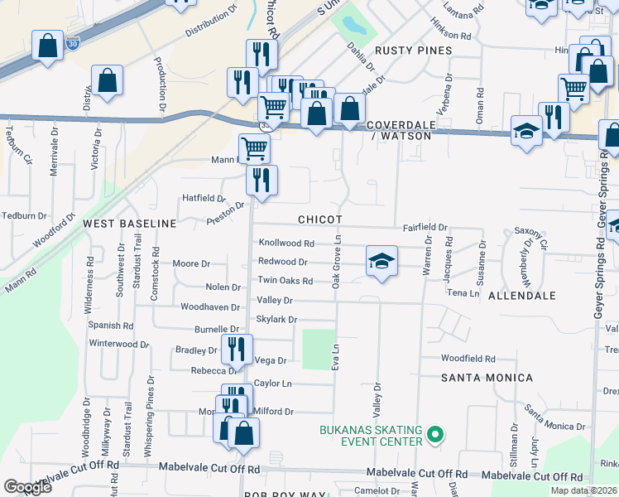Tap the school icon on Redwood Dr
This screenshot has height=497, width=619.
tap(381, 261)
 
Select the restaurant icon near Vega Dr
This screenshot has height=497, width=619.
tap(237, 350)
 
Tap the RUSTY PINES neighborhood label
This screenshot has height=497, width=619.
tap(413, 51)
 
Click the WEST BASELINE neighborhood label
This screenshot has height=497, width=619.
tap(129, 224)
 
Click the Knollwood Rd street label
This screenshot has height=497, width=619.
tap(286, 244)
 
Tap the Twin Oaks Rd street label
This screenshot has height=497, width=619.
tap(285, 282)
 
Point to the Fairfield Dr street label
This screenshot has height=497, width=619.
tap(425, 227)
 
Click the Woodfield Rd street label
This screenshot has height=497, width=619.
tap(468, 359)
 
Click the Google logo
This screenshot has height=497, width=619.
tap(28, 486)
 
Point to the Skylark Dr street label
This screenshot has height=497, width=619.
tap(276, 320)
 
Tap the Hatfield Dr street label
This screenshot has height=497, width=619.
tap(204, 198)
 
